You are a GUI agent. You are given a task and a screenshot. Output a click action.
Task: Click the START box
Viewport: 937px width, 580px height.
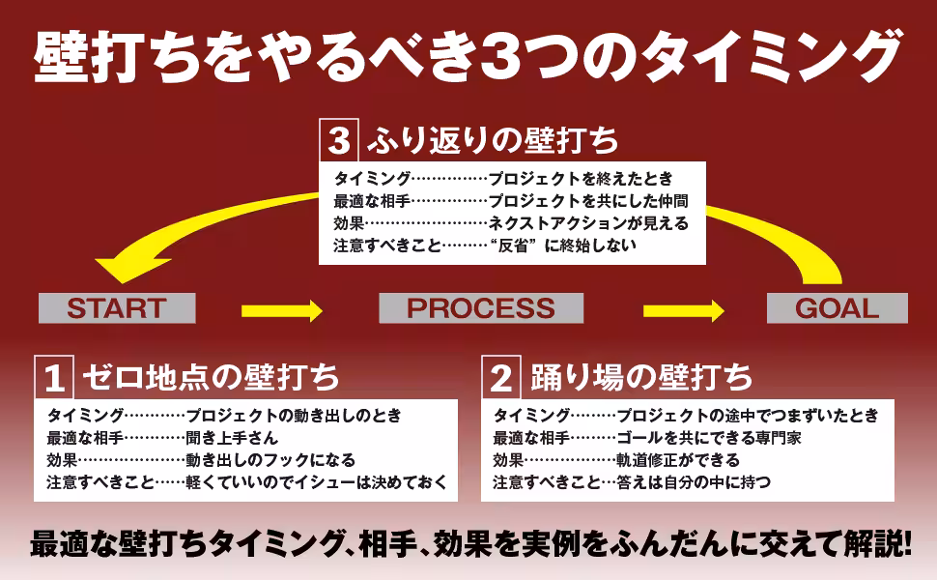(x=116, y=308)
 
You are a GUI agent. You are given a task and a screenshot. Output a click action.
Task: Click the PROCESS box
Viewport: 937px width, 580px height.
(x=480, y=308)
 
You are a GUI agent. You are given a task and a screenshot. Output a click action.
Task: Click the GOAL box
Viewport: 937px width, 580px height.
(x=837, y=308)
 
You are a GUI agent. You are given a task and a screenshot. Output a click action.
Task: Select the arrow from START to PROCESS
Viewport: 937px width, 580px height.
(x=281, y=310)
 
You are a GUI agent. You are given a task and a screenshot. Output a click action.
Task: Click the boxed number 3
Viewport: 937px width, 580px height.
(x=338, y=141)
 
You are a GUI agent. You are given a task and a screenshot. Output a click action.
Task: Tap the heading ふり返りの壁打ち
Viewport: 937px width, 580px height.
(x=493, y=141)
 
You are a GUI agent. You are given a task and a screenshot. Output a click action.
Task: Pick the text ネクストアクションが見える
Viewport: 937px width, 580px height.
(x=587, y=223)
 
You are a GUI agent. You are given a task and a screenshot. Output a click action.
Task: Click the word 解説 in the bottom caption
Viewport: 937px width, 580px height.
(x=868, y=543)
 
